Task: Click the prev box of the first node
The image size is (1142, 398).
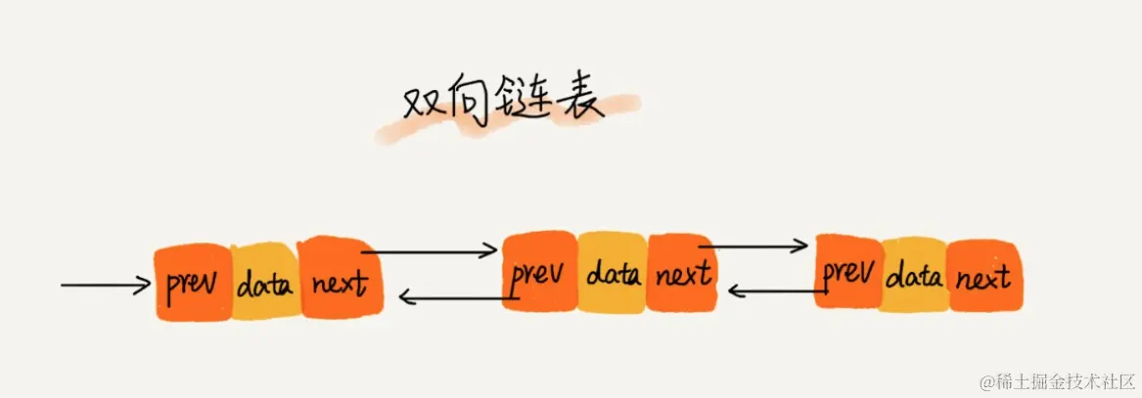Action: [193, 285]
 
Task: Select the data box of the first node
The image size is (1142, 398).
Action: [265, 285]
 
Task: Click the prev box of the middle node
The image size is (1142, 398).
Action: [539, 273]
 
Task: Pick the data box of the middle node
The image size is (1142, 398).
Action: [613, 273]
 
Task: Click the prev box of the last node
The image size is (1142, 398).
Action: [847, 273]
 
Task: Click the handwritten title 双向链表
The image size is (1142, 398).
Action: [504, 103]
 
